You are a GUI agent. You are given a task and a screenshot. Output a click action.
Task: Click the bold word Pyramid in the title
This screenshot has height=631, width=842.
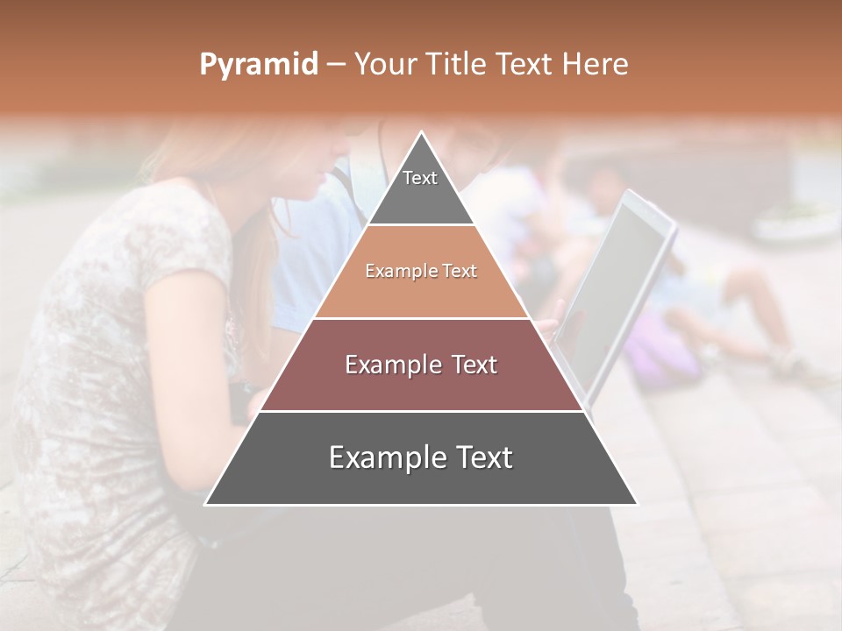click(x=258, y=65)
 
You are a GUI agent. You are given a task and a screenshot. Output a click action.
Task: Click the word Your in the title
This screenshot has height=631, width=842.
click(x=384, y=65)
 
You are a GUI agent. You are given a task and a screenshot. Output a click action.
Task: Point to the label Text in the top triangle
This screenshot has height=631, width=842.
click(x=420, y=178)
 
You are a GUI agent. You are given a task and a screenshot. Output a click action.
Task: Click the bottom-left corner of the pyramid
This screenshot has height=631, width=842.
click(x=207, y=504)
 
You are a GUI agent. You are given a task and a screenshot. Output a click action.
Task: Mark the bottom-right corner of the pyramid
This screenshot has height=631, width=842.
click(x=636, y=504)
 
